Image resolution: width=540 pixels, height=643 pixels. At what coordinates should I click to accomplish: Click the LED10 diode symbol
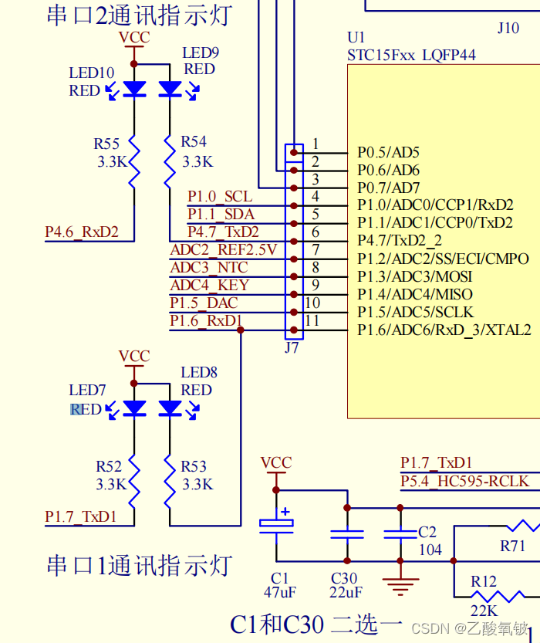pos(135,89)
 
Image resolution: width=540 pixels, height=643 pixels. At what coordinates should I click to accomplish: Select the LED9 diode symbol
pos(170,89)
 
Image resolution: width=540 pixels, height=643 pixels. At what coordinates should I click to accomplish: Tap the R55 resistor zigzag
pos(134,161)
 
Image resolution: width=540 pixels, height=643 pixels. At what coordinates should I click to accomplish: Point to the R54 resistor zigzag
pos(170,161)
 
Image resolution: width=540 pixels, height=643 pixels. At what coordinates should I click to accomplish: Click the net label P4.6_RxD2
pos(81,232)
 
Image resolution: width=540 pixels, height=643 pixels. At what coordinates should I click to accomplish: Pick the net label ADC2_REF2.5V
pos(224,249)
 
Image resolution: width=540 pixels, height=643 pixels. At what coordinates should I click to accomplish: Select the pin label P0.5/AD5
pos(388,152)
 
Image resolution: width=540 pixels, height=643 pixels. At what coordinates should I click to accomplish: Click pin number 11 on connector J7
pos(312,321)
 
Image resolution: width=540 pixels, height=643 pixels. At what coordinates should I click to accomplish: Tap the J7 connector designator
pos(292,347)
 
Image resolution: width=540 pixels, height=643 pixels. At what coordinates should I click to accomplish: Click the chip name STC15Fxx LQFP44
pos(411,55)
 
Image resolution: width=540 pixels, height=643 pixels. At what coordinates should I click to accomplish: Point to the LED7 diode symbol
pos(135,408)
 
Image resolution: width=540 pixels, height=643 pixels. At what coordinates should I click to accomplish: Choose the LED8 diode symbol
pos(170,408)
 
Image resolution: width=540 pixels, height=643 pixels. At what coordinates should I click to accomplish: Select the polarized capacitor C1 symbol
pos(276,525)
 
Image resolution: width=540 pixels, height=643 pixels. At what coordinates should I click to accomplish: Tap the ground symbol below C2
pos(400,587)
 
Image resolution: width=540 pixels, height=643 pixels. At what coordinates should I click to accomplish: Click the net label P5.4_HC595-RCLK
pos(464,481)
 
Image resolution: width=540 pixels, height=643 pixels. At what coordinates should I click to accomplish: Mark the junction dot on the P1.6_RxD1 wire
pos(241,330)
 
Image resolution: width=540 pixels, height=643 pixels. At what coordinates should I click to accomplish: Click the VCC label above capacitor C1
pos(276,463)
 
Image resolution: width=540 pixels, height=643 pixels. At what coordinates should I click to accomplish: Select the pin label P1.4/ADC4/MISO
pos(415,294)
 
